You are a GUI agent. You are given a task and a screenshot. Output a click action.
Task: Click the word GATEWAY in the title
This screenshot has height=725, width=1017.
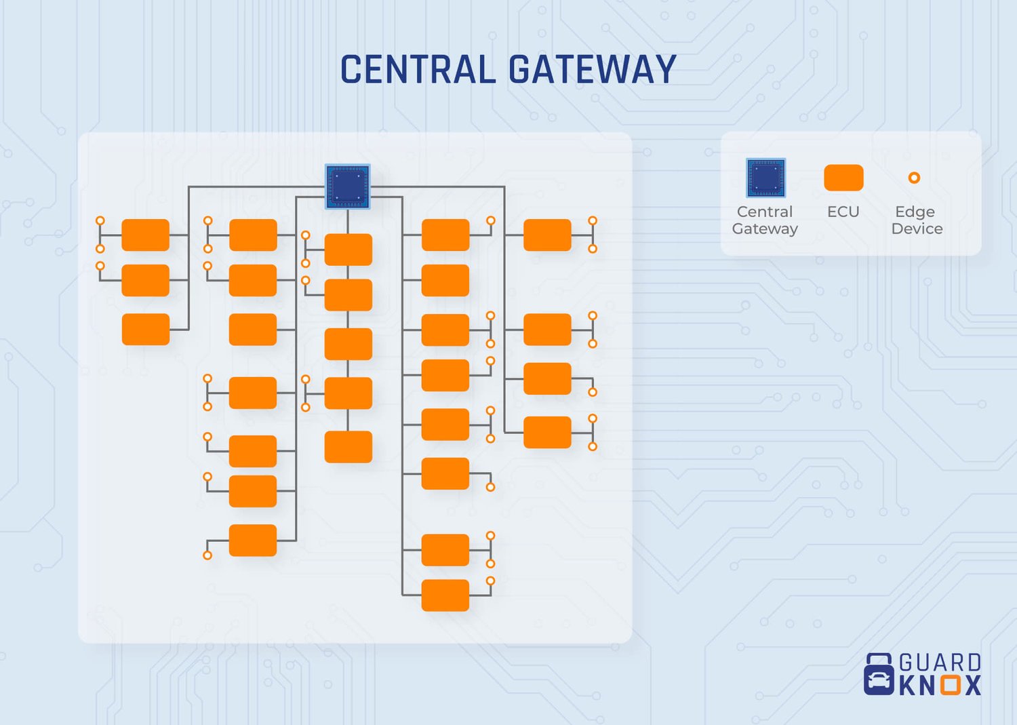(592, 70)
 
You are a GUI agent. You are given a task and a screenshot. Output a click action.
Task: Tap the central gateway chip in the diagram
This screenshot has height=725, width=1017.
(348, 186)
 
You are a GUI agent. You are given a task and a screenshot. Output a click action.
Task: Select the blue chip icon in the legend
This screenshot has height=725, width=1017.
(765, 178)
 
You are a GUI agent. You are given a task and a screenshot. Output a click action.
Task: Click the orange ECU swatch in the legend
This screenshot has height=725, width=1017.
(843, 178)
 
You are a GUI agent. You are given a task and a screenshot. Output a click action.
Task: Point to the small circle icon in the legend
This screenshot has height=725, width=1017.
(914, 178)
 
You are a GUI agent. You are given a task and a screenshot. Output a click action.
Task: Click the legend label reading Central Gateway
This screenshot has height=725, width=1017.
(765, 220)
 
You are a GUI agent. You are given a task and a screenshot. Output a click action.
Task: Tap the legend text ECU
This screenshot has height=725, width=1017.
(843, 212)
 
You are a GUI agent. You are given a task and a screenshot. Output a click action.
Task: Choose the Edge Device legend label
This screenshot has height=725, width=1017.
(916, 220)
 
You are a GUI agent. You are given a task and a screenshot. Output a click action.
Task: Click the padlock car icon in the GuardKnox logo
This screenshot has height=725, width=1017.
(879, 675)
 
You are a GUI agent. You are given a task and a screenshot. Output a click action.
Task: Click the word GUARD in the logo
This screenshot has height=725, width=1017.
(940, 663)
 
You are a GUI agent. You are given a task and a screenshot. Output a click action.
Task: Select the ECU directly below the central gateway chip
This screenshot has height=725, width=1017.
(348, 250)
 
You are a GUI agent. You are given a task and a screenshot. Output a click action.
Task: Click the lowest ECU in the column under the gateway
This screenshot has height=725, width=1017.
(348, 447)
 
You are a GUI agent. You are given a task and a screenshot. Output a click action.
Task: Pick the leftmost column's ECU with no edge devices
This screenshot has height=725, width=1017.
(145, 330)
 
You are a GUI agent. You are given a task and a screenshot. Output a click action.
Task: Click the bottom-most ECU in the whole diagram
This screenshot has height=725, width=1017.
(445, 595)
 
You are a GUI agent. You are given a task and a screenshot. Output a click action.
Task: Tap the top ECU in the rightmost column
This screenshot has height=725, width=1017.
(547, 235)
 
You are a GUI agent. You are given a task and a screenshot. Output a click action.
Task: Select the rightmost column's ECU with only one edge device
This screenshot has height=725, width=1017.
(547, 378)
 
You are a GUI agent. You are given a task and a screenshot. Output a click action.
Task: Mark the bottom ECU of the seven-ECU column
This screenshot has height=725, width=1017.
(252, 541)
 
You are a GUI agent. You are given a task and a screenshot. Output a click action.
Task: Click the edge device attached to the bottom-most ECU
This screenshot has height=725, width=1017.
(490, 581)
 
